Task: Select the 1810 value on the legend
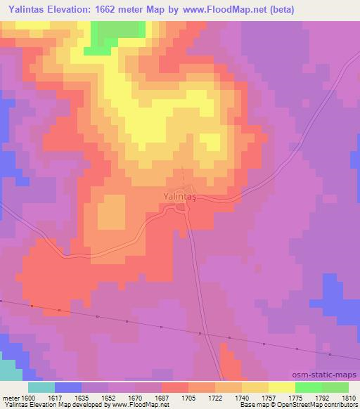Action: [x=349, y=397]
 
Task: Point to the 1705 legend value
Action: [x=188, y=397]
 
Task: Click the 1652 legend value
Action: [x=108, y=397]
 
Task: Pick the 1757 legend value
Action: [x=269, y=397]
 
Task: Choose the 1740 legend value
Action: [x=242, y=397]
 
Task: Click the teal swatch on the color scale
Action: [x=41, y=387]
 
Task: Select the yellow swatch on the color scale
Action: [x=281, y=387]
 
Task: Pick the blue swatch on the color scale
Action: [x=68, y=387]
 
